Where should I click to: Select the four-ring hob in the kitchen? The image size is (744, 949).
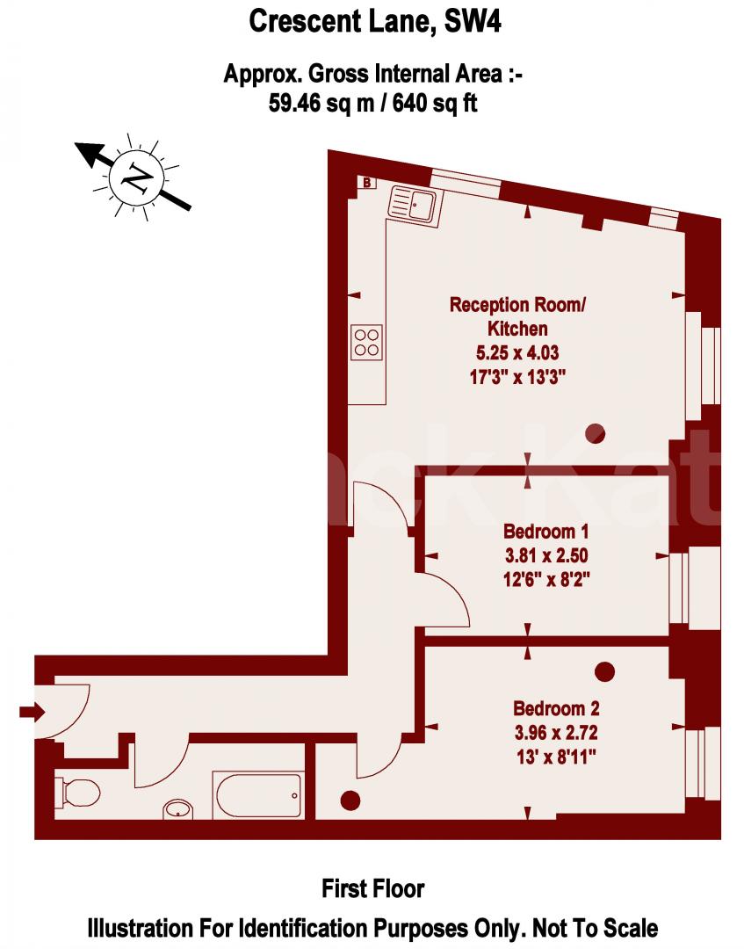tap(367, 342)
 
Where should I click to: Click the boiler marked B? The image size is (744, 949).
tap(366, 183)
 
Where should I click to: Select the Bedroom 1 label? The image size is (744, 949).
tap(545, 532)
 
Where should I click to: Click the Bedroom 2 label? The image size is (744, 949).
tap(556, 708)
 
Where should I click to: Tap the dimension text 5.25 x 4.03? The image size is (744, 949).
tap(517, 353)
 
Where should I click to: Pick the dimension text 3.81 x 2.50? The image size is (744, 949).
tap(545, 555)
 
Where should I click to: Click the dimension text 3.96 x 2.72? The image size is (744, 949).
tap(556, 731)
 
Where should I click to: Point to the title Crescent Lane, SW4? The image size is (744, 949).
tap(375, 20)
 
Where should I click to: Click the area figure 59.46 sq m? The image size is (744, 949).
tap(319, 103)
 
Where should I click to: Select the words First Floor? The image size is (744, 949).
tap(372, 888)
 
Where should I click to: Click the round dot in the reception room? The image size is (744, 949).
tap(596, 431)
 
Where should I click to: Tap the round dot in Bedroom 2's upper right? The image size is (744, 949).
tap(604, 672)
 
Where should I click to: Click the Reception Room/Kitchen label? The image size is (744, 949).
tap(517, 317)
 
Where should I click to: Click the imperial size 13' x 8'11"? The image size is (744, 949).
tap(556, 755)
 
